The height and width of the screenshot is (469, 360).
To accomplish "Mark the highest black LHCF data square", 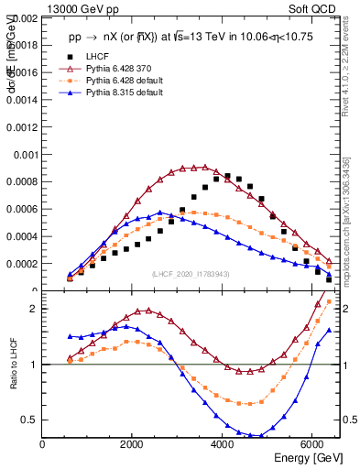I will pyautogui.click(x=228, y=175).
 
